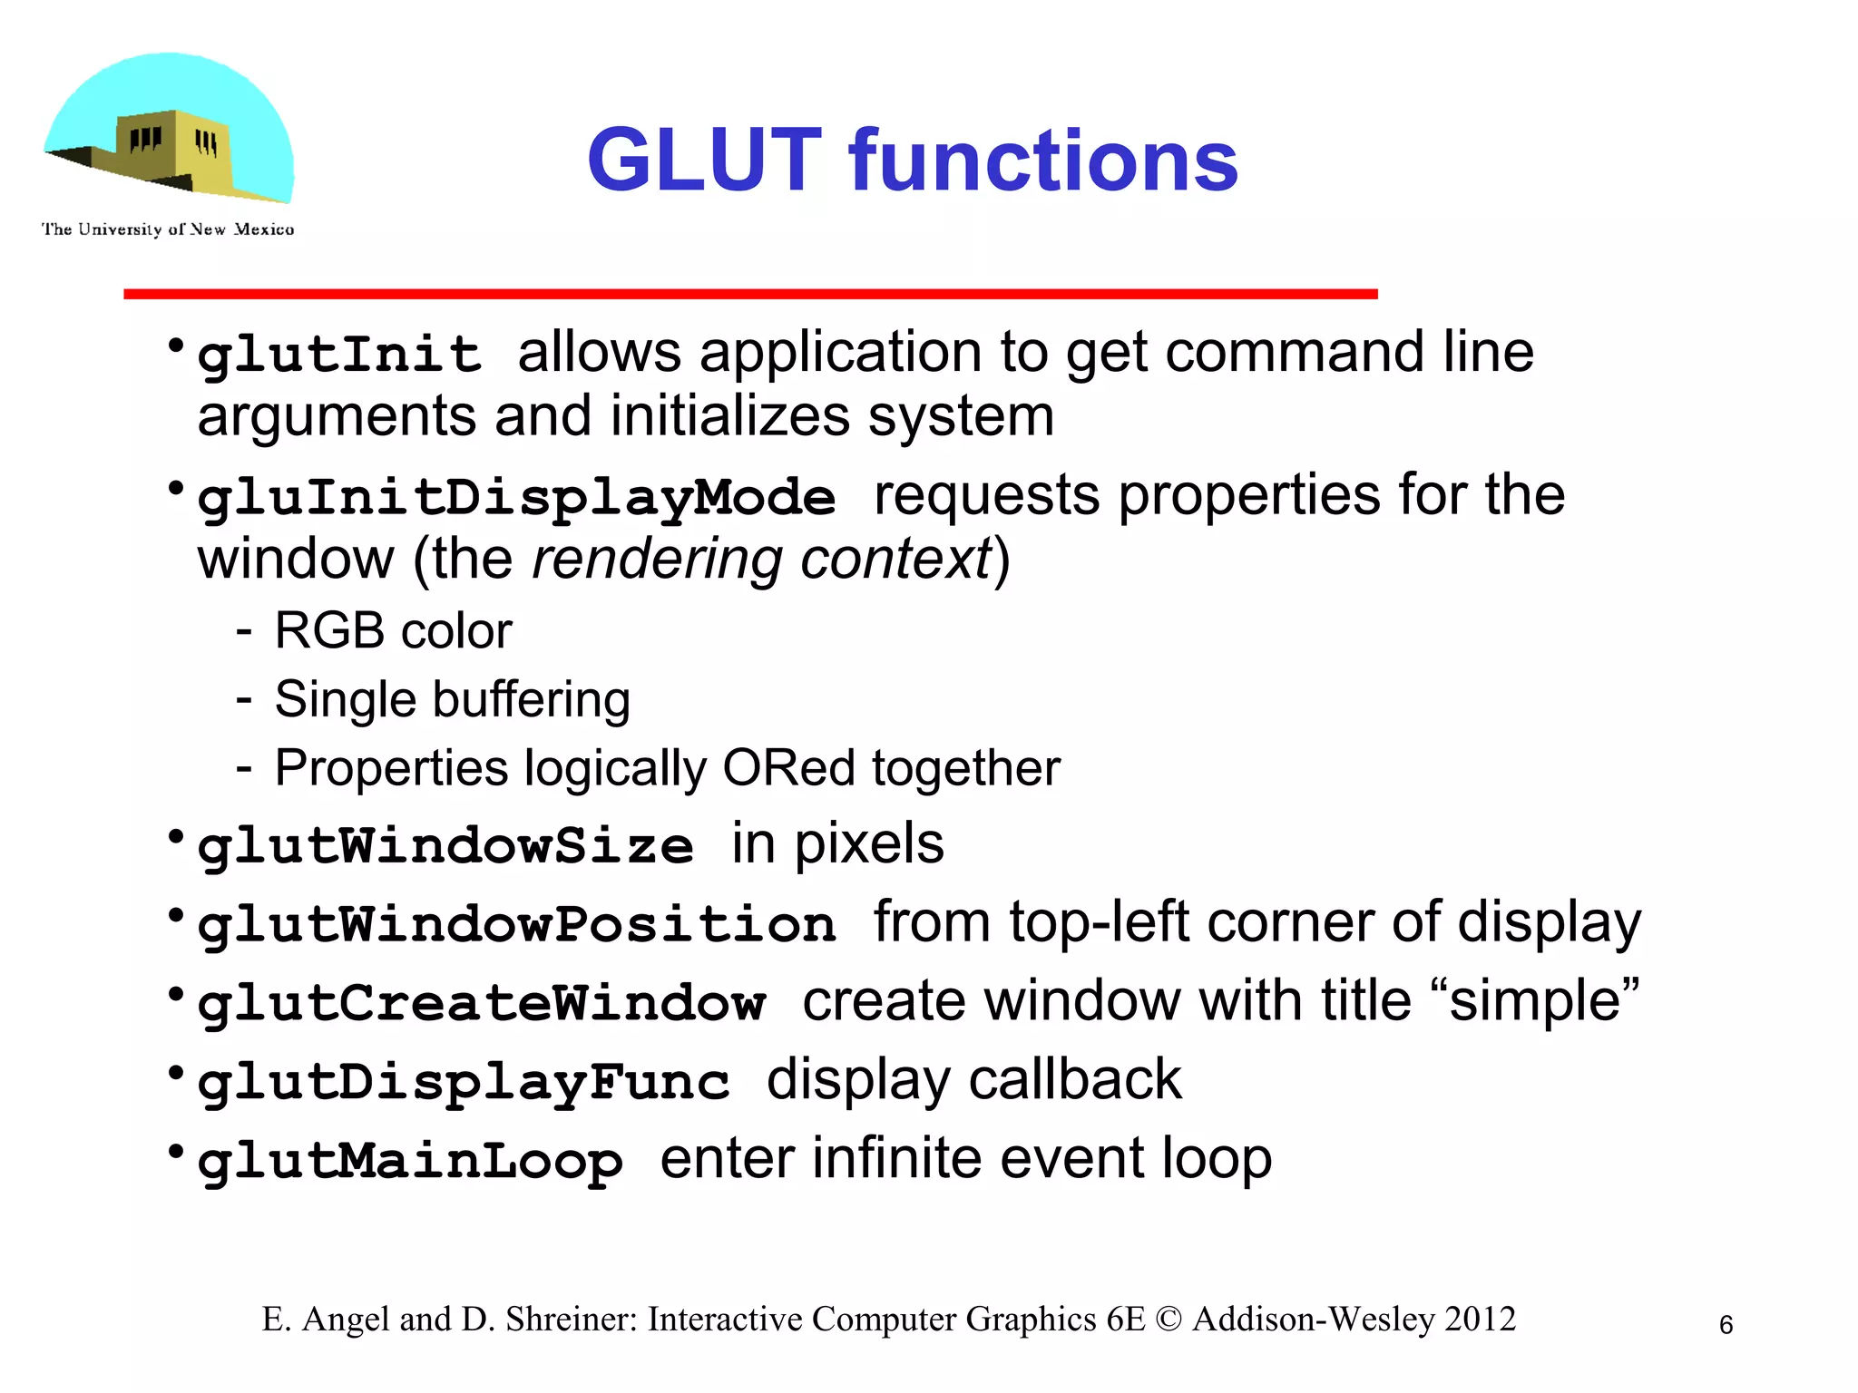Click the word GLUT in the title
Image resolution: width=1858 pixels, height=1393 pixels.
tap(704, 161)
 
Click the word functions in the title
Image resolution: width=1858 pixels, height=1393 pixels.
tap(1043, 161)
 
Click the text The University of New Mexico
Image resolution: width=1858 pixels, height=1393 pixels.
tap(168, 229)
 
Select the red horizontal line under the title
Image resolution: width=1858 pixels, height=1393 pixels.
tap(750, 294)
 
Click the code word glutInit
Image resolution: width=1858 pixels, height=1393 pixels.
tap(339, 354)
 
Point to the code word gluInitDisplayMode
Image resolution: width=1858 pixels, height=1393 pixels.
tap(516, 498)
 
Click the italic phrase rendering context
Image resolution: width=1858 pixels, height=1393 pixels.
tap(762, 559)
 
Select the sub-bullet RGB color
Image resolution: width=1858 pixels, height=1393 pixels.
tap(393, 630)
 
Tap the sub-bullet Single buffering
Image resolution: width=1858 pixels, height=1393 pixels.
tap(452, 699)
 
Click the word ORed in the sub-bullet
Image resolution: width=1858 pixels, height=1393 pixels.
tap(788, 768)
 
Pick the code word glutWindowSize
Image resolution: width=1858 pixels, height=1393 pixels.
tap(445, 846)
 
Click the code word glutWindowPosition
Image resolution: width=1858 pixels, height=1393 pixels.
tap(516, 925)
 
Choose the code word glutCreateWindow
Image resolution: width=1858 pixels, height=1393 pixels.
tap(481, 1004)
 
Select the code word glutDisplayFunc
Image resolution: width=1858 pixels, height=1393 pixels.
tap(463, 1082)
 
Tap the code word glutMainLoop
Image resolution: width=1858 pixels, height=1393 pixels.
tap(410, 1162)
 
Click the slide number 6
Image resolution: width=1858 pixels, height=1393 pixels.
tap(1726, 1325)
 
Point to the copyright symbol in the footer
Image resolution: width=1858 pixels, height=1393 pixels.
tap(1169, 1320)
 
